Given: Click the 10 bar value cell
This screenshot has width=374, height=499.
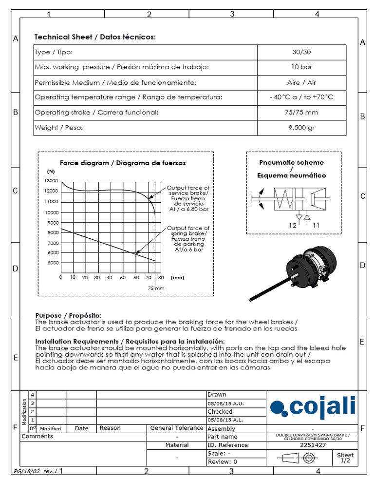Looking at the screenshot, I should pyautogui.click(x=301, y=67).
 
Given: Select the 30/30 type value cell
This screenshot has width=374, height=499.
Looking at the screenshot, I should pyautogui.click(x=301, y=52).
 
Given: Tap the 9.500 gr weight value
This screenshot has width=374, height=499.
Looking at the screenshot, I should pyautogui.click(x=301, y=128).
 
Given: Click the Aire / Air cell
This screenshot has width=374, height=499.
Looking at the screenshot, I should pyautogui.click(x=301, y=82).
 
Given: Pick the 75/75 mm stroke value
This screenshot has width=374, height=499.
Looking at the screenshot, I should pyautogui.click(x=301, y=113).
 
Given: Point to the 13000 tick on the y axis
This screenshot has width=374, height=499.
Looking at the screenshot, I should pyautogui.click(x=52, y=180).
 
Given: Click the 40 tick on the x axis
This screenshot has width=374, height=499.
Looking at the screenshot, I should pyautogui.click(x=110, y=278).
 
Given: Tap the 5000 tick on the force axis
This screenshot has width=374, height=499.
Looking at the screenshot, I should pyautogui.click(x=52, y=263).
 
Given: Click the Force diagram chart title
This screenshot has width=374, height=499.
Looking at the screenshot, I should pyautogui.click(x=122, y=163).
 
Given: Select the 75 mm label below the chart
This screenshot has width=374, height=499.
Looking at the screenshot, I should pyautogui.click(x=156, y=288).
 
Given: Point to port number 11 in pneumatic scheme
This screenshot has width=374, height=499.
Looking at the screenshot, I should pyautogui.click(x=316, y=226).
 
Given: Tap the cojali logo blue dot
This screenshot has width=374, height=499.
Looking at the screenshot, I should pyautogui.click(x=276, y=407).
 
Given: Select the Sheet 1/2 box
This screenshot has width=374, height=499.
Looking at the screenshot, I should pyautogui.click(x=345, y=458).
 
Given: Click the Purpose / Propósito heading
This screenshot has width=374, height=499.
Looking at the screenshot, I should pyautogui.click(x=69, y=316).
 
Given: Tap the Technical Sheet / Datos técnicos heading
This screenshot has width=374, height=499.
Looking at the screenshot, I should pyautogui.click(x=95, y=38).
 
